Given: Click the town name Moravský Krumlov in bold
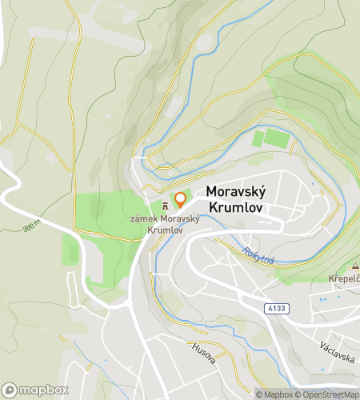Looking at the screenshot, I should tap(237, 199).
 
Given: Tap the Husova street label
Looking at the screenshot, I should tap(203, 354).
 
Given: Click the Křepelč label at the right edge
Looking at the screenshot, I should tap(344, 278).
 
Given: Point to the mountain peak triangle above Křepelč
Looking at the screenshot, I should tap(354, 266).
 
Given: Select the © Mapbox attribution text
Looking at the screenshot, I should tap(274, 394).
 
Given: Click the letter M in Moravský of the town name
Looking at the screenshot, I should tap(213, 192).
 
